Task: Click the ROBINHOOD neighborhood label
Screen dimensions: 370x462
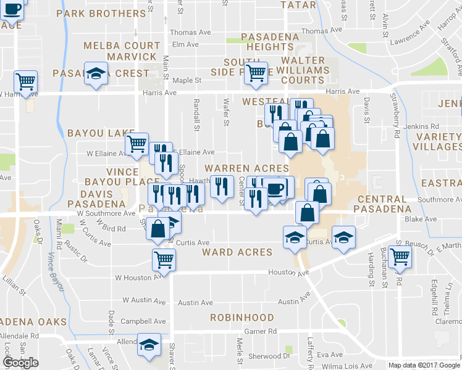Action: click(x=241, y=318)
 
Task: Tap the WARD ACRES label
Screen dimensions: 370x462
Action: click(x=237, y=252)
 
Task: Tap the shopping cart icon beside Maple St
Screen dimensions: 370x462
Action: click(x=256, y=73)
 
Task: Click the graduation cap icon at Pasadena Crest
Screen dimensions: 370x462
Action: click(x=96, y=74)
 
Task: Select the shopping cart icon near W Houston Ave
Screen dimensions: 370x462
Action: click(x=164, y=260)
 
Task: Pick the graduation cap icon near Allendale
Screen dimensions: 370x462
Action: click(x=149, y=345)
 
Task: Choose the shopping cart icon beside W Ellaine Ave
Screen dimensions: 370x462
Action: click(x=136, y=145)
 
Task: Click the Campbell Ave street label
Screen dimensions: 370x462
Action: click(x=143, y=321)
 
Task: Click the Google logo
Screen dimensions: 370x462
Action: click(x=21, y=363)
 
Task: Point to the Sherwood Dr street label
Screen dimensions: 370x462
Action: click(x=269, y=356)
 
